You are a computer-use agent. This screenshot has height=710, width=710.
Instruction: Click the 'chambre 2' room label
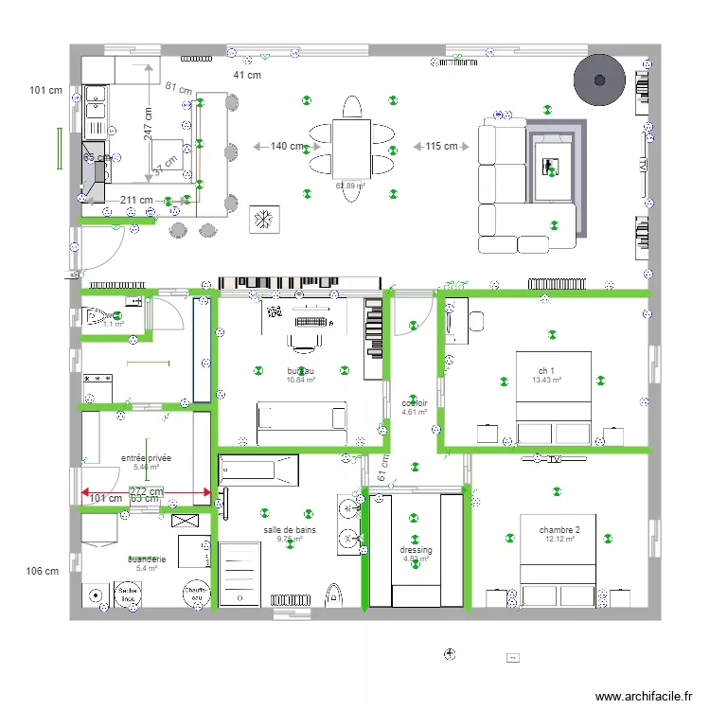click(559, 530)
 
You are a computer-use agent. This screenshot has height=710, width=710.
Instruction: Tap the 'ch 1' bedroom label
click(546, 370)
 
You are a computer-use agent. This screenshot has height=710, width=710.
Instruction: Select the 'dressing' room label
click(416, 550)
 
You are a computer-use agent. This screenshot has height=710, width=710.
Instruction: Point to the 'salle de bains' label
click(290, 530)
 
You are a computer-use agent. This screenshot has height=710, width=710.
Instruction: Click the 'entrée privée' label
click(146, 457)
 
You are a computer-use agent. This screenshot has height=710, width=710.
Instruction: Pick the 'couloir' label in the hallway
click(415, 402)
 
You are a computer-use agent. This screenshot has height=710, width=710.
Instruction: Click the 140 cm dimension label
click(287, 147)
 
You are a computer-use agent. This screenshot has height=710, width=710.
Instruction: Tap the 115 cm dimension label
click(441, 147)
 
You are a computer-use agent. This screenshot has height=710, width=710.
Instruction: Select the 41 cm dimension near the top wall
click(247, 76)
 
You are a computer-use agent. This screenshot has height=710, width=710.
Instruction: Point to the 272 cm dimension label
click(147, 492)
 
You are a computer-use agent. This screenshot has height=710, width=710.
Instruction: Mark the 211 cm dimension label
click(136, 200)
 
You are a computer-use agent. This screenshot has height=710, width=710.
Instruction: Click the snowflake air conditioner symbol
click(262, 220)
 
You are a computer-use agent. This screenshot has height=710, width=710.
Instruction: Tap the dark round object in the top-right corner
click(600, 80)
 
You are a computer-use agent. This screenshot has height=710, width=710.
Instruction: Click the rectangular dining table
click(351, 147)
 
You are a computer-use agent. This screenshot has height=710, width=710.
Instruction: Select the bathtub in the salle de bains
click(258, 470)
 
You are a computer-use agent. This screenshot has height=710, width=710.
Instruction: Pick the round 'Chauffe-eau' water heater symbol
click(197, 593)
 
